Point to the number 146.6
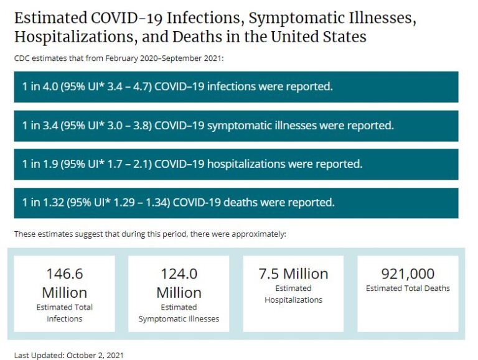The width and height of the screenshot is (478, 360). (64, 274)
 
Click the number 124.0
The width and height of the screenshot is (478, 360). (179, 274)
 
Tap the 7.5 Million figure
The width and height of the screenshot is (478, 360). (293, 274)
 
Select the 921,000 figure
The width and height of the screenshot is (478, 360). (408, 274)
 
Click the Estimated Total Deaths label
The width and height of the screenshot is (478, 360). (408, 288)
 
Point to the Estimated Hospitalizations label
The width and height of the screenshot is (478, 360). (293, 294)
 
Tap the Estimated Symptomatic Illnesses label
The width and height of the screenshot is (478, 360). (179, 313)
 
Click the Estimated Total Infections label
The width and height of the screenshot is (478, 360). (64, 313)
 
